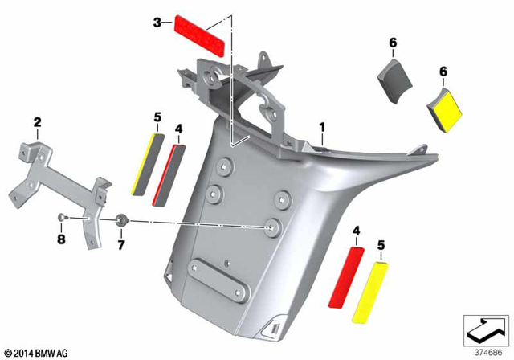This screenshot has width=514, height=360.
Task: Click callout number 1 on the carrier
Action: (x=322, y=127)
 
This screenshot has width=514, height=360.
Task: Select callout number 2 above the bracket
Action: (x=36, y=122)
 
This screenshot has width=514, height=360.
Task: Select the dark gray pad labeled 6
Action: (x=394, y=80)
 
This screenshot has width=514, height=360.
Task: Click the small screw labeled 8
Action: (x=63, y=218)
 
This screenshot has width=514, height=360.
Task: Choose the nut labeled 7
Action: (x=120, y=219)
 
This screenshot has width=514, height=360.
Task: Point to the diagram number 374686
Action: (x=485, y=351)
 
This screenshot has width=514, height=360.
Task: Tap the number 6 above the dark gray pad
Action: (x=393, y=42)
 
